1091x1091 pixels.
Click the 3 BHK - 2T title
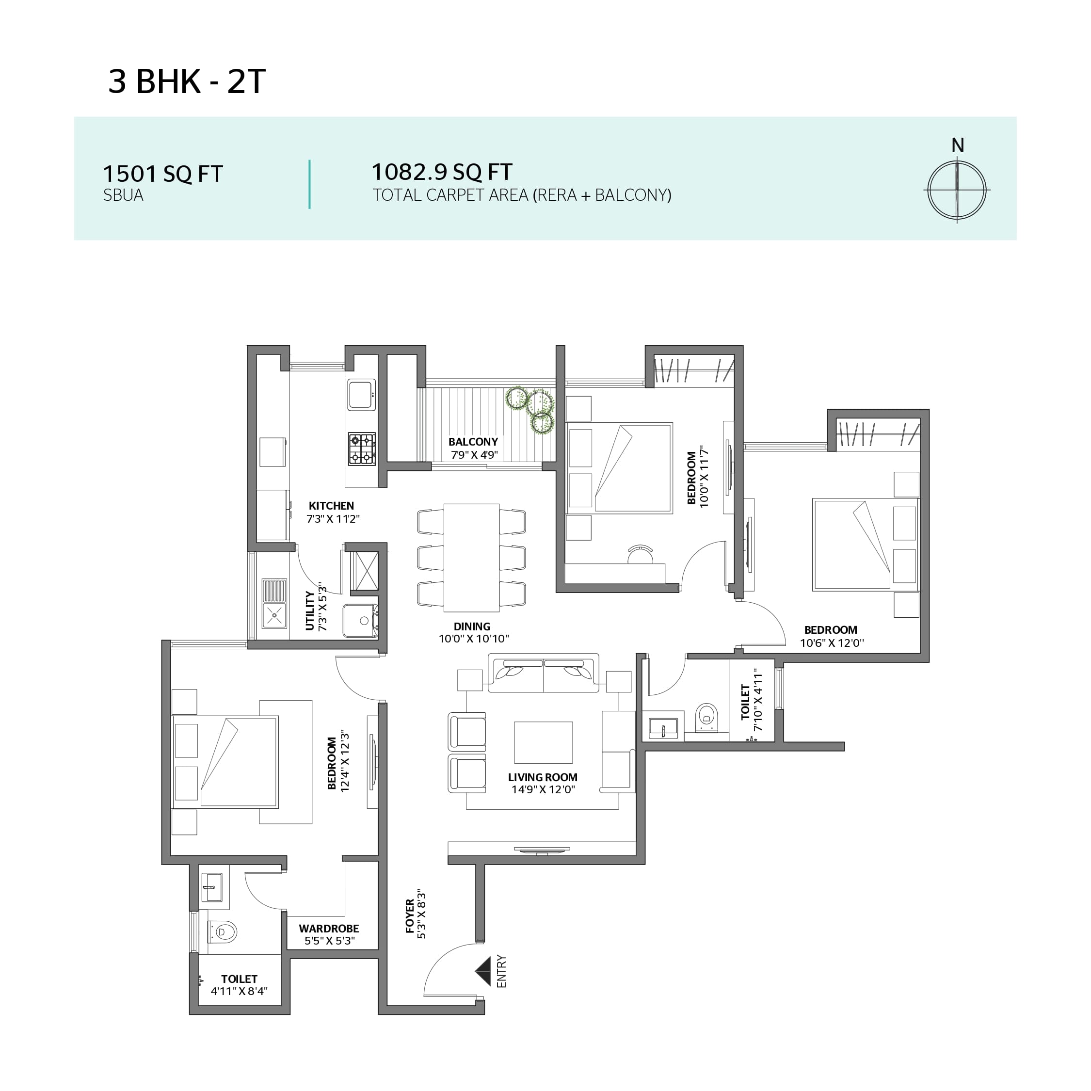tap(186, 81)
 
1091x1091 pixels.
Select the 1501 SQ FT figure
tap(162, 174)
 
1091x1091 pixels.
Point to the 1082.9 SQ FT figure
tap(442, 172)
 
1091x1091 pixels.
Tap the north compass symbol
tap(957, 190)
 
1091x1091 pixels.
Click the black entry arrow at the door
tap(483, 971)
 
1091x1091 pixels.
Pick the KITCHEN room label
tap(332, 506)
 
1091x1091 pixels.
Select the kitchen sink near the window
tap(361, 395)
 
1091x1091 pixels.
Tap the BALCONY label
tap(473, 442)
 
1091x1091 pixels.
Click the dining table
tap(471, 558)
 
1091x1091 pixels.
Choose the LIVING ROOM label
tap(543, 777)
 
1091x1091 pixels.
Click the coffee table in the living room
tap(543, 742)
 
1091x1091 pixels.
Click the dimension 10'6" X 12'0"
tap(832, 642)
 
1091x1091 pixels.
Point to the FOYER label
tap(410, 916)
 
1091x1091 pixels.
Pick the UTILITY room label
tap(309, 610)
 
